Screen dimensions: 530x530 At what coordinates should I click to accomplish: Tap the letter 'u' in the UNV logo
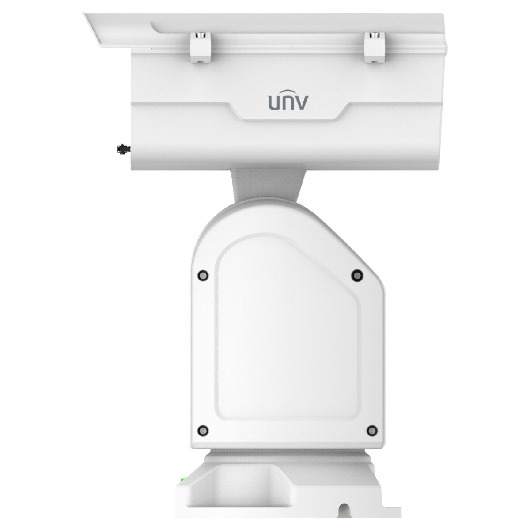(x=274, y=103)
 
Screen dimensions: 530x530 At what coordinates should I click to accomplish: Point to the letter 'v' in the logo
(x=302, y=103)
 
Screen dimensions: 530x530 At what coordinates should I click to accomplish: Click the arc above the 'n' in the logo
(x=288, y=91)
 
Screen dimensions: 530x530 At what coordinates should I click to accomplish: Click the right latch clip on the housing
(x=375, y=47)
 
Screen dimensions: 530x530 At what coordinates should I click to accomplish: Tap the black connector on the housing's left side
(x=124, y=149)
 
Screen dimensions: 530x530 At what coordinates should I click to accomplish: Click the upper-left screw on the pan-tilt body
(x=203, y=275)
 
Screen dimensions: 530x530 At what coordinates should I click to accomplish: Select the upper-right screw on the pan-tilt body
(x=357, y=275)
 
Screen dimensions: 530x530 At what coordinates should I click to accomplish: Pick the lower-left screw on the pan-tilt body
(x=203, y=430)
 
